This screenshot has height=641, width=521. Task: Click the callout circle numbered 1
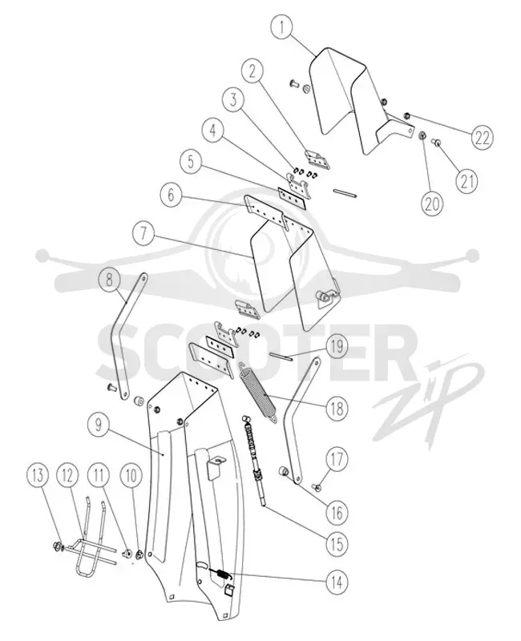[x=282, y=27]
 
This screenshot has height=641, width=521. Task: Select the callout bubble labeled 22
[x=483, y=137]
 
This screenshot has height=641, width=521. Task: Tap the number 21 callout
[x=467, y=180]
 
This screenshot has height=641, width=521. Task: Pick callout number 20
[x=432, y=203]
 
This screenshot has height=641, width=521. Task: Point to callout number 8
[x=109, y=280]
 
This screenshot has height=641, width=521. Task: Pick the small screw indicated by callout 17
[x=316, y=486]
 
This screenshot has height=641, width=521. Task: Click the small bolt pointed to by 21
[x=436, y=143]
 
